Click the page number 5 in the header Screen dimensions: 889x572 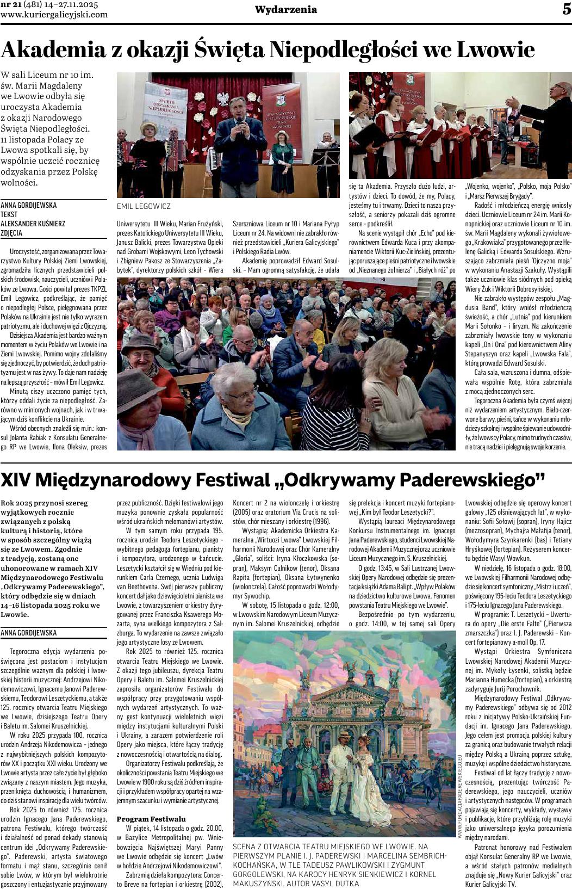[566, 9]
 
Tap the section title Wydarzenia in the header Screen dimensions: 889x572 [286, 10]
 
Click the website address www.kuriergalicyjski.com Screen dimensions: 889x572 [54, 15]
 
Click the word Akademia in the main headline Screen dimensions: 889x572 [53, 50]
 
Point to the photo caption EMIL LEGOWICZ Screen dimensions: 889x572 [144, 206]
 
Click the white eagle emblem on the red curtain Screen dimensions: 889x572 [223, 98]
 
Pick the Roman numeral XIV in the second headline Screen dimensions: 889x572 [18, 479]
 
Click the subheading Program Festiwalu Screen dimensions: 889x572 [151, 818]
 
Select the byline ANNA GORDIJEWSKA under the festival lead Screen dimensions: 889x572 [28, 633]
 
